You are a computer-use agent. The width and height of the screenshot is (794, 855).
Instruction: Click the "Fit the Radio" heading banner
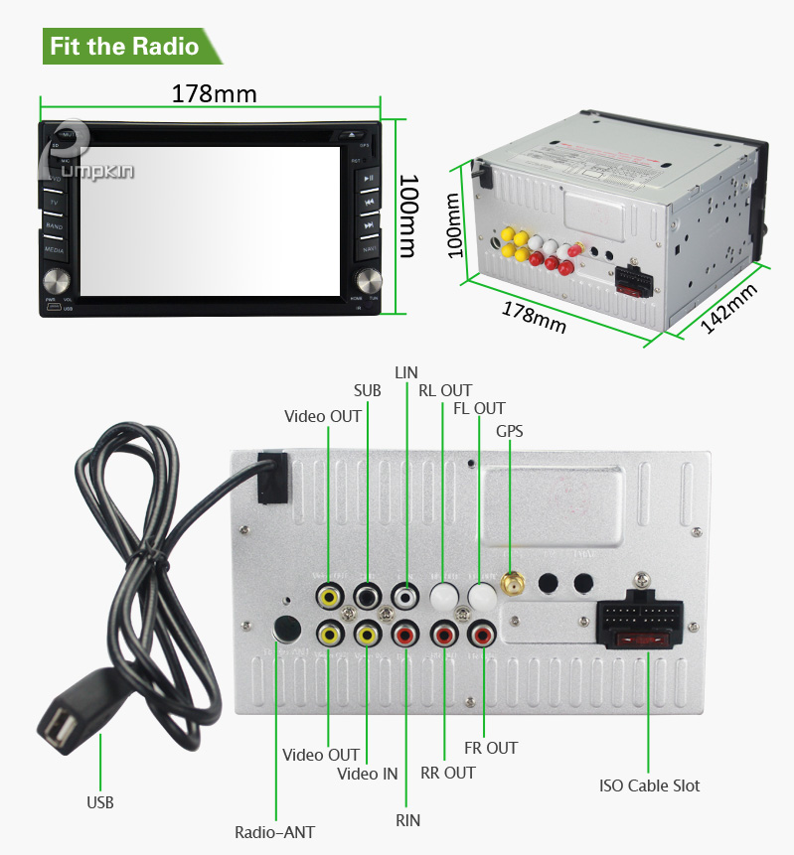pos(124,47)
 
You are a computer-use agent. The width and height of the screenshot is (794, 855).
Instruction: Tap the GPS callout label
pos(510,431)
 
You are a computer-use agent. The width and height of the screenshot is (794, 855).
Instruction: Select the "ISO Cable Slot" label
pos(649,785)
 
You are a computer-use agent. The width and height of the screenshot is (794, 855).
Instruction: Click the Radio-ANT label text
pos(274,832)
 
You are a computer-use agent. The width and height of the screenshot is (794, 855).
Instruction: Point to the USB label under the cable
pos(99,801)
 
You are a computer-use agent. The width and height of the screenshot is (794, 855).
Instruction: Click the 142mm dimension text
pos(730,309)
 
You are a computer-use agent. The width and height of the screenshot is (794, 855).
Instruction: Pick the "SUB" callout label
pos(368,390)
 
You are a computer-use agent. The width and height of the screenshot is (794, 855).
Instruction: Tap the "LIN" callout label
pos(406,372)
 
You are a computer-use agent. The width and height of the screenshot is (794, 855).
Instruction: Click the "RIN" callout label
pos(407,820)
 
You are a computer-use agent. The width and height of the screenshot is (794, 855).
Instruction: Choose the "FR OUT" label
pos(491,748)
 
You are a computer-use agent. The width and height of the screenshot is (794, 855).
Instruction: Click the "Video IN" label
pos(367,774)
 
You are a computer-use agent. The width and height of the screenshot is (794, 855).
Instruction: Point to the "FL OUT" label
pos(479,408)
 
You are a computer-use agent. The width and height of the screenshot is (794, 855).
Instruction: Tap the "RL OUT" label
pos(445,390)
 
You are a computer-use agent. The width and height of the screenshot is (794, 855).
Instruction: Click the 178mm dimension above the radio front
pos(214,94)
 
